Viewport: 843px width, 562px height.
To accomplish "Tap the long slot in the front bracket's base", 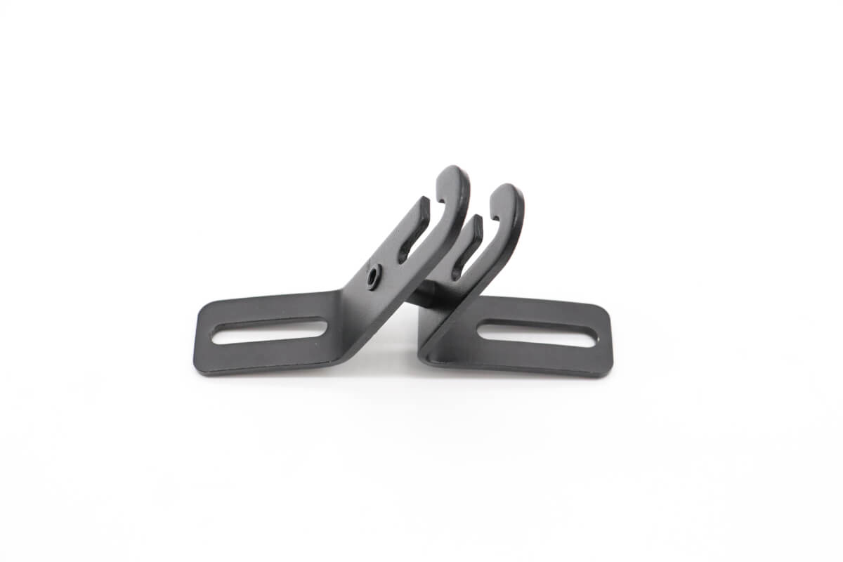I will point(269,332).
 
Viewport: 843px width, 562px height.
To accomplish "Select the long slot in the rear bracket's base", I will point(537,333).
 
